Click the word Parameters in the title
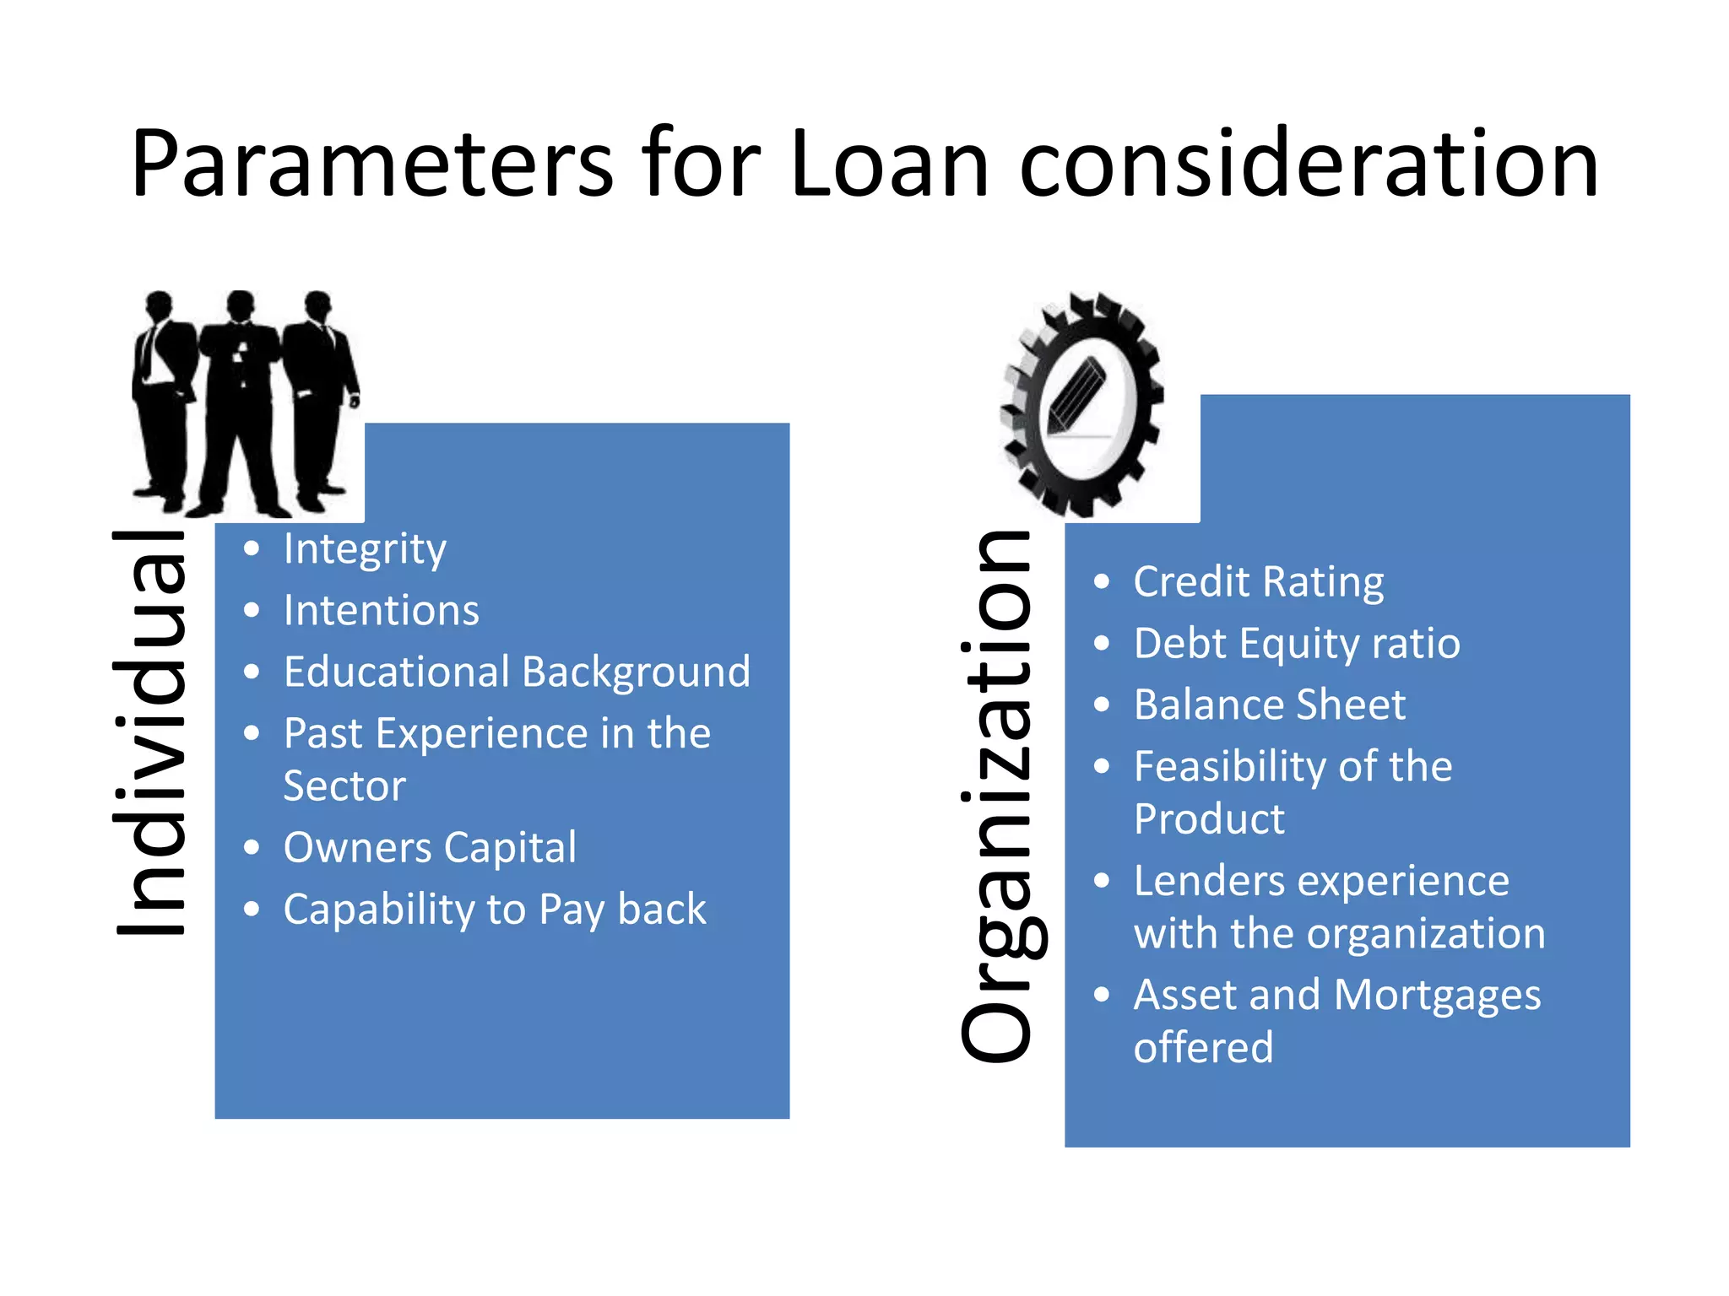click(x=371, y=165)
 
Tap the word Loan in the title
click(x=889, y=165)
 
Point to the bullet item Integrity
click(x=365, y=549)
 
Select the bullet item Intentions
click(x=381, y=610)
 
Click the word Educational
click(x=398, y=672)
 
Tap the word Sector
click(x=344, y=786)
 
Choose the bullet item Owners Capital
click(x=430, y=847)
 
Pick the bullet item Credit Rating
click(x=1258, y=582)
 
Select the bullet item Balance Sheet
click(x=1269, y=705)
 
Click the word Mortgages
click(x=1438, y=996)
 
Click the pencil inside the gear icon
click(x=1076, y=396)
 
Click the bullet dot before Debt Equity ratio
click(x=1101, y=644)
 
